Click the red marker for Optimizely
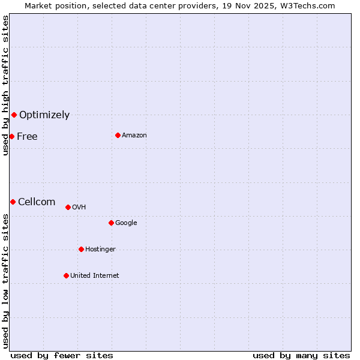pos(14,115)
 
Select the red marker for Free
pos(11,136)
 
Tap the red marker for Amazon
pos(118,135)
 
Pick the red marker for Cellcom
pos(13,202)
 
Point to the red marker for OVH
pos(68,207)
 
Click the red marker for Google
pos(111,223)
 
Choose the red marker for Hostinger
pos(81,249)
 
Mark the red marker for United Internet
pos(66,275)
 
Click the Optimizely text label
pos(44,115)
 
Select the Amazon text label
pos(134,136)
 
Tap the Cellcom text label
pos(37,202)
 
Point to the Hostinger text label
pos(100,250)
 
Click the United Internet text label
pos(95,276)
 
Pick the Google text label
pos(126,223)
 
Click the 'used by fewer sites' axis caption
pos(62,355)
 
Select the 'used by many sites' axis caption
pos(301,355)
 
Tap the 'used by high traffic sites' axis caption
pos(5,86)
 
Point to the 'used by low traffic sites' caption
pos(5,280)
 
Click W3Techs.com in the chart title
pos(310,6)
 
